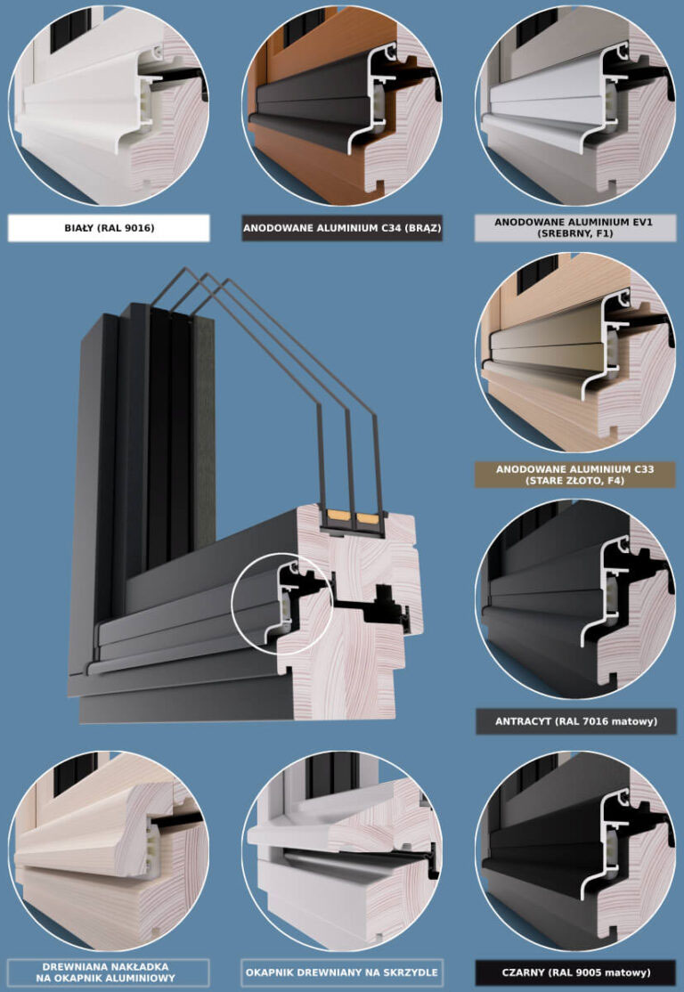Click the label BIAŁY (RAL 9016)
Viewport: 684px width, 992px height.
click(109, 228)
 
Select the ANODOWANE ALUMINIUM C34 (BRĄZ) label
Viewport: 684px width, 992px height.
click(342, 228)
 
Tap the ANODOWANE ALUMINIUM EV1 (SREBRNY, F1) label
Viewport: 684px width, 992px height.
click(574, 227)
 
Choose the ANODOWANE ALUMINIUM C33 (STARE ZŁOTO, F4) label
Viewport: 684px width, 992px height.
click(574, 475)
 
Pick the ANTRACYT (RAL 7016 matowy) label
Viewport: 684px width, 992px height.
click(574, 720)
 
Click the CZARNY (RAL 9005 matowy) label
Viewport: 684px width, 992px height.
click(574, 972)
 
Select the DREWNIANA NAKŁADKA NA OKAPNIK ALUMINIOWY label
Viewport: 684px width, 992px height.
click(109, 972)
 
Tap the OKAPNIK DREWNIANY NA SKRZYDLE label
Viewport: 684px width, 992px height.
click(342, 972)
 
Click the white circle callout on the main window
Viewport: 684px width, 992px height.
click(281, 604)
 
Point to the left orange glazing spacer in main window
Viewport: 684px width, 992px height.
click(339, 516)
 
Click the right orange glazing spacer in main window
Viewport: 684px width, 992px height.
click(365, 516)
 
